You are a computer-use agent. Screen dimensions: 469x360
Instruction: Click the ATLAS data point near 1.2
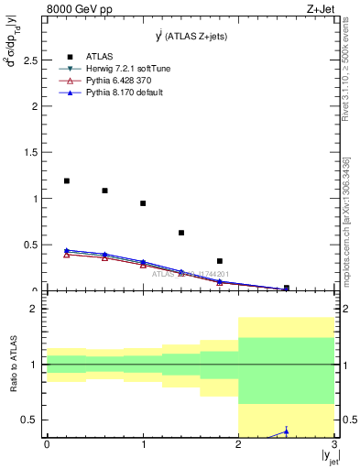66,180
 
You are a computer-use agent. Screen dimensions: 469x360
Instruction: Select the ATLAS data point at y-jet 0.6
104,191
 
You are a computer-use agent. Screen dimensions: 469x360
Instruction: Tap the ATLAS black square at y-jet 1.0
143,203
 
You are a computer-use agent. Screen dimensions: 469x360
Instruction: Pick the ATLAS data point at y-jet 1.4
181,233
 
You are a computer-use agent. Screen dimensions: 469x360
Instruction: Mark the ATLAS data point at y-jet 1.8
220,261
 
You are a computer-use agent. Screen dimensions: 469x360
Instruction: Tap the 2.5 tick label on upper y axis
30,60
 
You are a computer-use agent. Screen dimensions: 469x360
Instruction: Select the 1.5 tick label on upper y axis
30,152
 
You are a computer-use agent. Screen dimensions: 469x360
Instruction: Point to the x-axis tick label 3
334,444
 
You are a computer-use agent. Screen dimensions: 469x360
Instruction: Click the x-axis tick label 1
143,444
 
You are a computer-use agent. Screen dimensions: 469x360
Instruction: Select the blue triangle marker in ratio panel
286,431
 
